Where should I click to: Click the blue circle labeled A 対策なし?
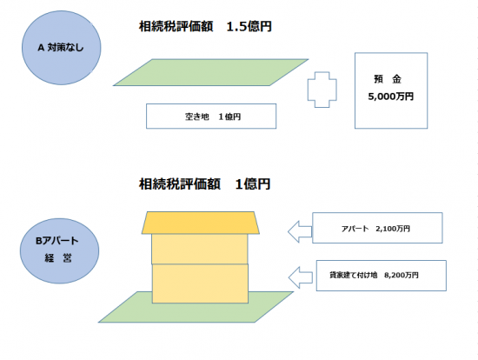coord(62,48)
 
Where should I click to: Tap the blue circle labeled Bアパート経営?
coord(59,250)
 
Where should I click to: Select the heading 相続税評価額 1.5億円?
coord(205,27)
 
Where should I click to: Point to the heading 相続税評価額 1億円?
coord(204,184)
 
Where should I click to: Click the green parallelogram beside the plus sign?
coord(210,72)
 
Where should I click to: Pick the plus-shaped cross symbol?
coord(322,90)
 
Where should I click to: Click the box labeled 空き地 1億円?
coord(211,117)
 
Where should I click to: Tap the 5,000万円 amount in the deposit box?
coord(391,97)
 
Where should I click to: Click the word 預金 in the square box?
coord(388,79)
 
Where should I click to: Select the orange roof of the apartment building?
coord(201,223)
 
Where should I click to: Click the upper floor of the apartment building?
coord(200,249)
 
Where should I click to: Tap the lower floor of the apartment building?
coord(200,283)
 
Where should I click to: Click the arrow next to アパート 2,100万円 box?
coord(300,231)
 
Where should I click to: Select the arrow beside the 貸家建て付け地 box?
coord(301,277)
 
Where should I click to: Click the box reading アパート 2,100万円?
coord(377,228)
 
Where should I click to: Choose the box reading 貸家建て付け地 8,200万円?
coord(382,276)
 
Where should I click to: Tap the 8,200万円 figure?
coord(402,275)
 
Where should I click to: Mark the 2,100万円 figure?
coord(393,229)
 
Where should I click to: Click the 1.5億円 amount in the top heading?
coord(249,27)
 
